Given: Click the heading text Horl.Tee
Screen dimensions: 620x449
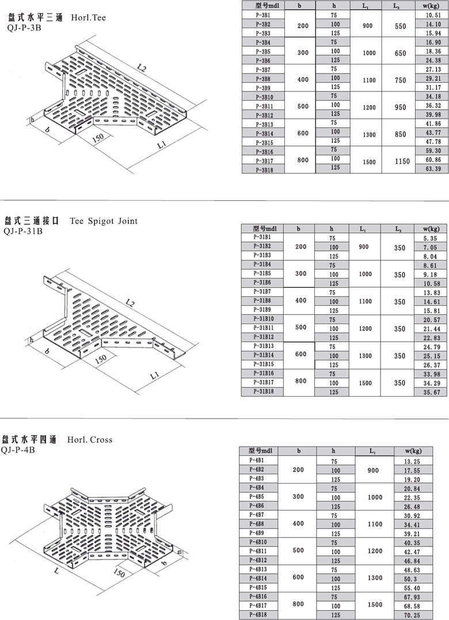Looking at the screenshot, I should (x=89, y=18).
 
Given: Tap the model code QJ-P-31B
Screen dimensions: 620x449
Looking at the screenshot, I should (x=22, y=231).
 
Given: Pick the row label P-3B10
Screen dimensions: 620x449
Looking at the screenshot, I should (x=262, y=97).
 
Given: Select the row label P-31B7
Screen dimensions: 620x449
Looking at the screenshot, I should (x=262, y=291).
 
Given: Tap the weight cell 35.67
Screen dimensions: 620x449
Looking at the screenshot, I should (x=431, y=392).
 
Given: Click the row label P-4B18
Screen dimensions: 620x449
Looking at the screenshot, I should (x=257, y=615).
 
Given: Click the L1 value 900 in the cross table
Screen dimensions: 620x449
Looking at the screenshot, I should (x=374, y=470).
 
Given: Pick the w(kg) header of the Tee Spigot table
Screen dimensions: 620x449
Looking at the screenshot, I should (x=431, y=229).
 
